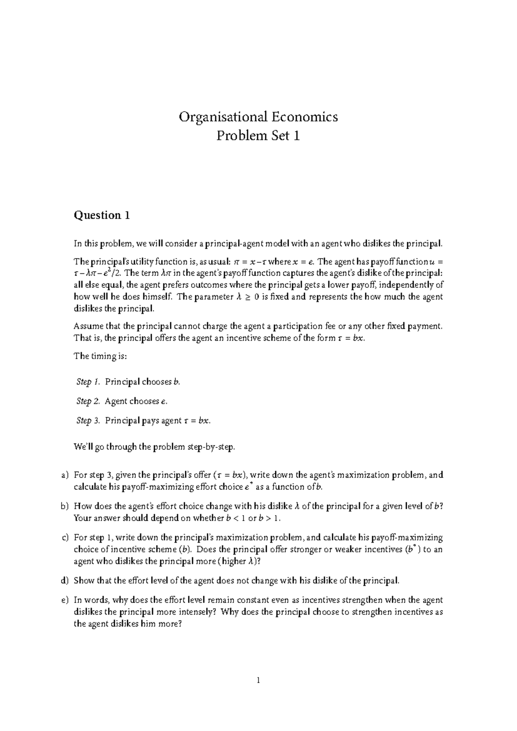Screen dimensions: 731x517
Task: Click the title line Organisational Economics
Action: point(258,117)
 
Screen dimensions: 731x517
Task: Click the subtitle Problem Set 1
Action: point(258,136)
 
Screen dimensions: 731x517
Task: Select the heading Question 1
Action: point(102,215)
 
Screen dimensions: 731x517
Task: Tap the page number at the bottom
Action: point(258,681)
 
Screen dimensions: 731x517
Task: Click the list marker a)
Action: point(65,475)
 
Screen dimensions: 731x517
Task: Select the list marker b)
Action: point(65,506)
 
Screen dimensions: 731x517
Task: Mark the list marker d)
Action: point(65,581)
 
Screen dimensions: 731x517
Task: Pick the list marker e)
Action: point(65,600)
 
